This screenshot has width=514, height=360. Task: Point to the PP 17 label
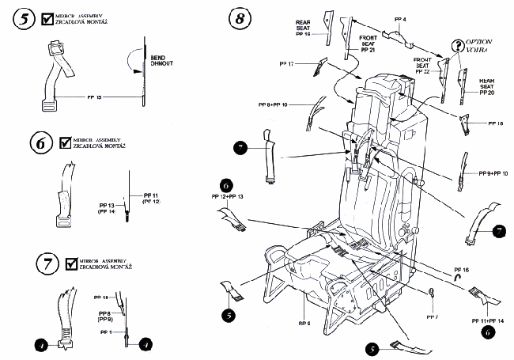click(x=286, y=63)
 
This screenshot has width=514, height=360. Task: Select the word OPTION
click(x=482, y=41)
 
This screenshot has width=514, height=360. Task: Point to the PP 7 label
click(x=432, y=316)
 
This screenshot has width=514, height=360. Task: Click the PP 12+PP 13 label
click(x=227, y=195)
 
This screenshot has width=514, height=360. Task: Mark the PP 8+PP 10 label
click(x=295, y=104)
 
